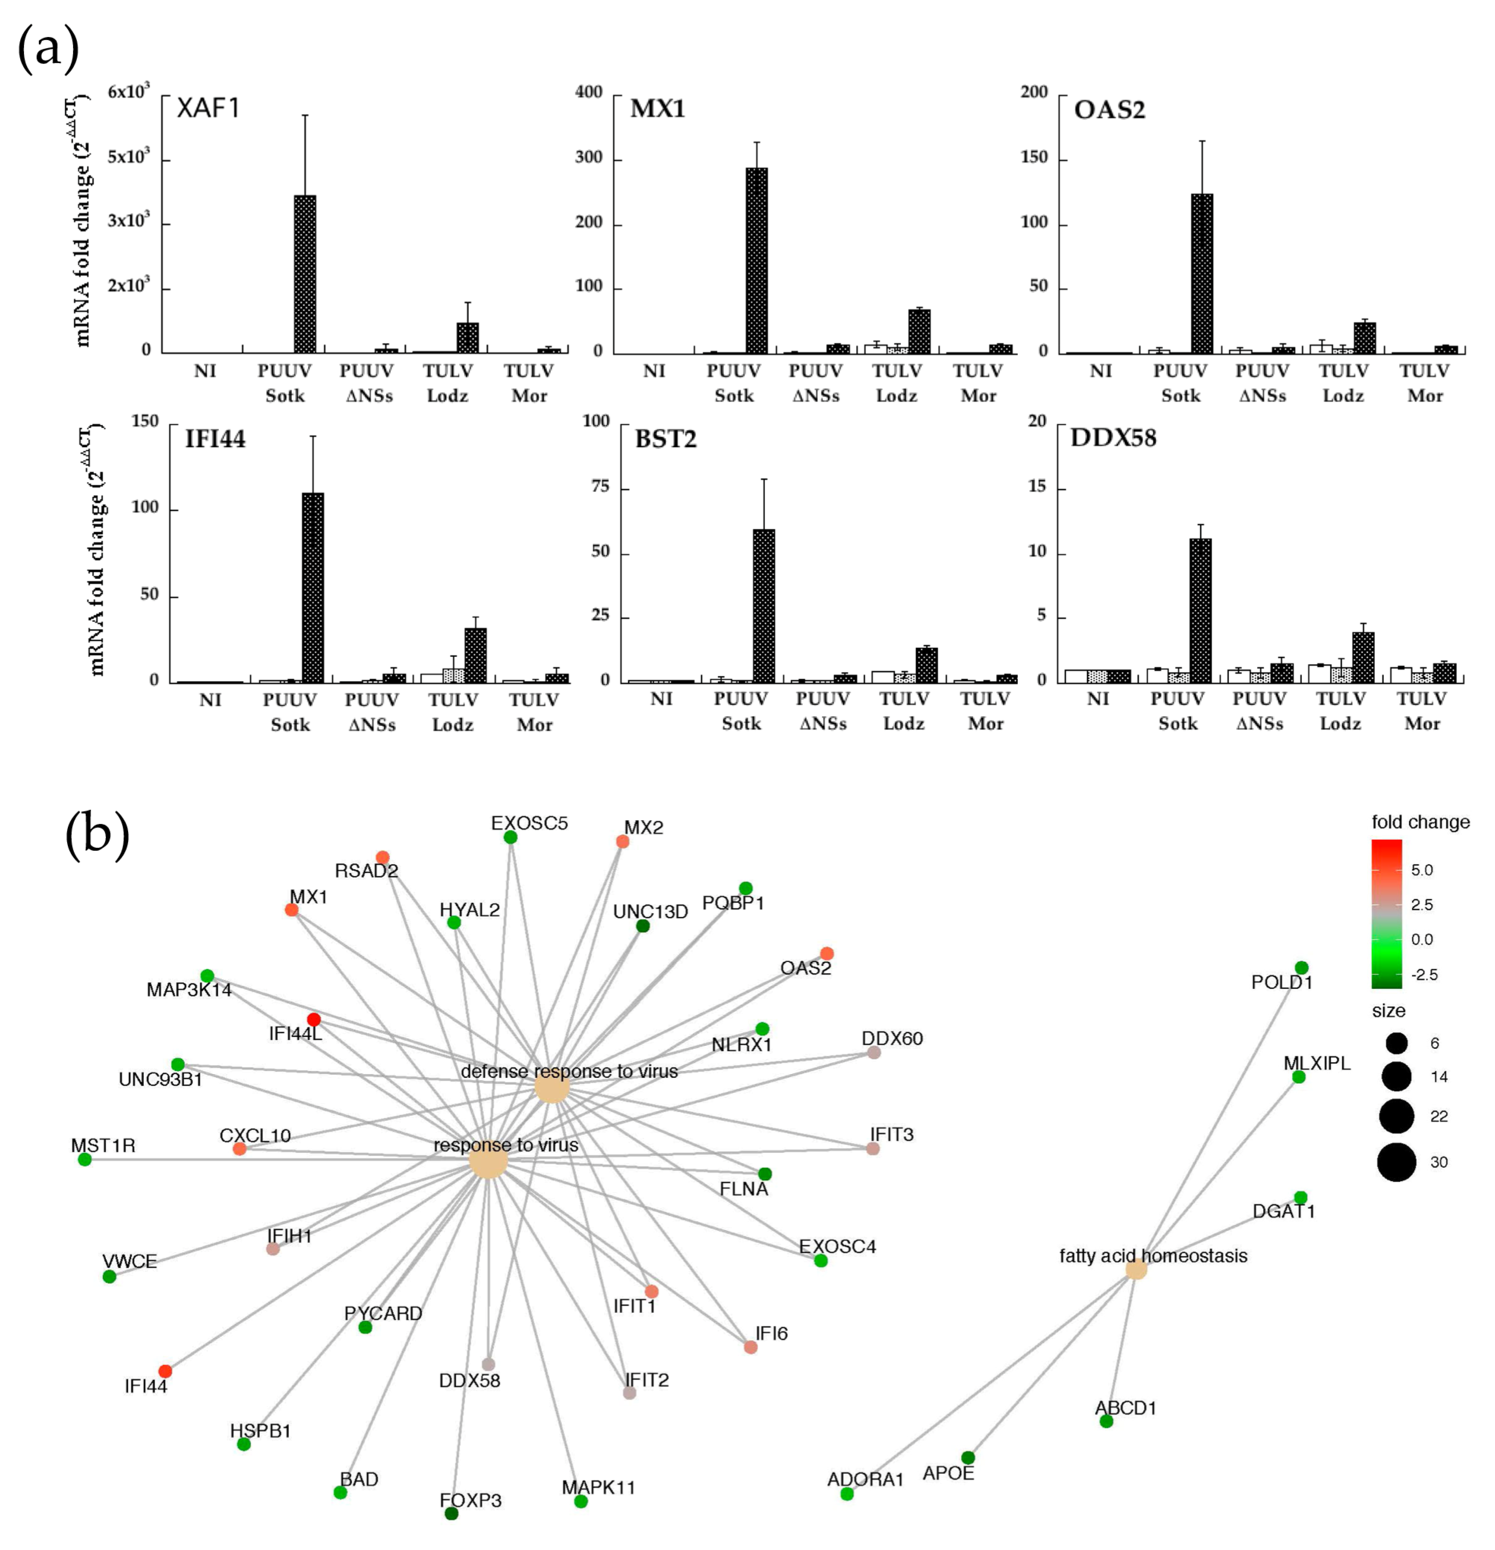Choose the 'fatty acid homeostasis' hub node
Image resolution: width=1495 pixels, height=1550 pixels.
click(x=1136, y=1270)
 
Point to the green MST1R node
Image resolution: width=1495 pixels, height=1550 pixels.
click(x=85, y=1159)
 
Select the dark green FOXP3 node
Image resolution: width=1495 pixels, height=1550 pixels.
click(x=451, y=1514)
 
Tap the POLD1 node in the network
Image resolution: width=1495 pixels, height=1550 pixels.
click(x=1301, y=968)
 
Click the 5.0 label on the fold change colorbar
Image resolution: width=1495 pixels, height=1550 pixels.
click(x=1422, y=870)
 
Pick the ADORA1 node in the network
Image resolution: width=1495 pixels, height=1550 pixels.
click(x=847, y=1494)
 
